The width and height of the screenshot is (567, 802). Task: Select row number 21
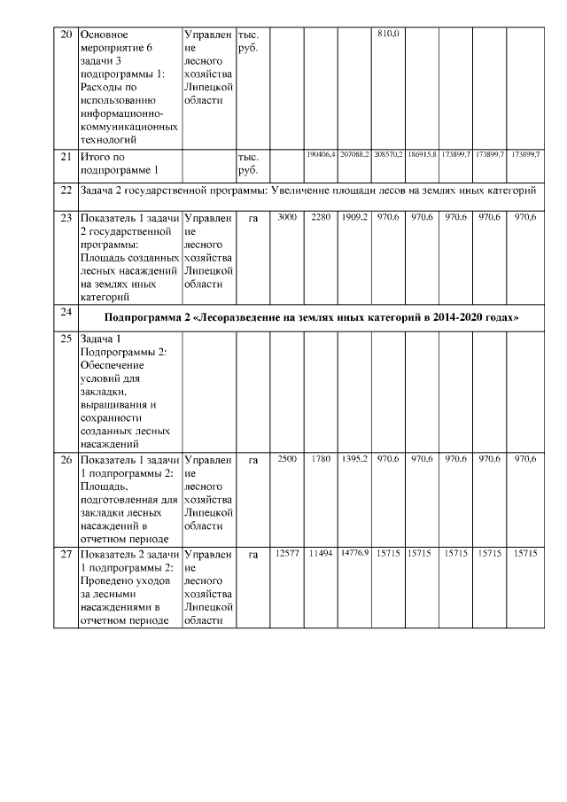click(x=65, y=156)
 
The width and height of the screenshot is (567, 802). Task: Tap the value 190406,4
click(x=320, y=154)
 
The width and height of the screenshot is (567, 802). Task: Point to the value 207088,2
click(x=354, y=154)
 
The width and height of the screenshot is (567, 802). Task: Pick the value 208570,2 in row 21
click(x=388, y=154)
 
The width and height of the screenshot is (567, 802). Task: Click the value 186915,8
click(x=422, y=154)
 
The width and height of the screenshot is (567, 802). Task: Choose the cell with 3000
click(x=287, y=216)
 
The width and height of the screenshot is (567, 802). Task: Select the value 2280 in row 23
click(x=321, y=216)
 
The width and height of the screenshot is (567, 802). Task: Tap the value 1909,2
click(x=354, y=216)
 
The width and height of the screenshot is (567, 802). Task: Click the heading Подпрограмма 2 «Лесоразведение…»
click(x=311, y=317)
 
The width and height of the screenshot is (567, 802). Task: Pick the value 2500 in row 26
click(x=287, y=459)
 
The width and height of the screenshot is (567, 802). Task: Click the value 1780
click(x=321, y=459)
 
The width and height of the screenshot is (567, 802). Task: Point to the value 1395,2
click(x=354, y=459)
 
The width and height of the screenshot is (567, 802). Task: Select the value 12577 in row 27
click(x=287, y=554)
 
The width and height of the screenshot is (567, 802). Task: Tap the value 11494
click(x=320, y=554)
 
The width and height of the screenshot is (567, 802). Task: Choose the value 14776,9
click(x=354, y=554)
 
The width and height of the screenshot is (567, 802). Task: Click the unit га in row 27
click(x=252, y=554)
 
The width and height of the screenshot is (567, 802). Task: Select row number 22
click(x=65, y=190)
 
